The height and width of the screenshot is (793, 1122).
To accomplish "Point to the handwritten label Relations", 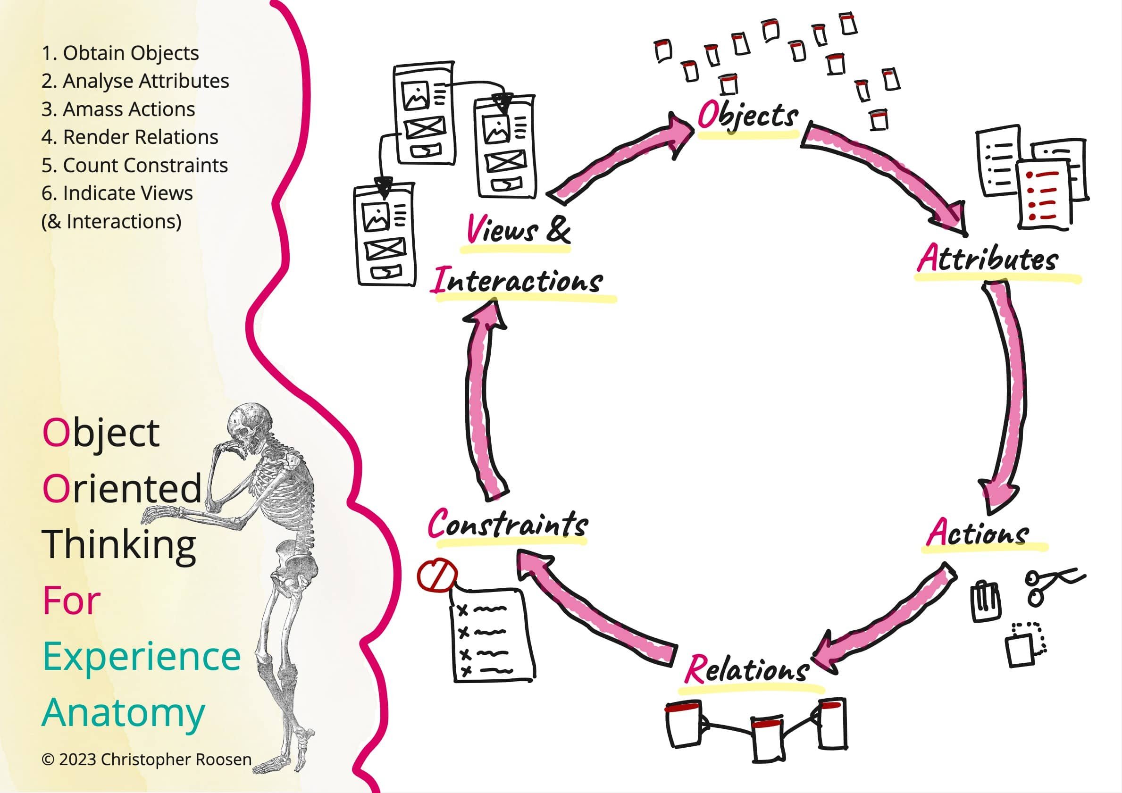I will [x=747, y=669].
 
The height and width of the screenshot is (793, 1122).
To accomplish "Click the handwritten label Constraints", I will [x=508, y=525].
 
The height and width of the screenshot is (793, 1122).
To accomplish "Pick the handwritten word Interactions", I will [x=517, y=282].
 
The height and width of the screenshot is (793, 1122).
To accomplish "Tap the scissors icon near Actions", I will [x=1051, y=586].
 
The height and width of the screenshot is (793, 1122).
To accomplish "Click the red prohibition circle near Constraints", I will [x=437, y=576].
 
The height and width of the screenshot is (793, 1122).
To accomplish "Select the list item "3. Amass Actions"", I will [x=118, y=109].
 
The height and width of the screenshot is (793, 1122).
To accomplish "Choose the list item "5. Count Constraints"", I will [x=134, y=165].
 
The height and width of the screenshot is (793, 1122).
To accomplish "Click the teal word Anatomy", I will [x=123, y=713].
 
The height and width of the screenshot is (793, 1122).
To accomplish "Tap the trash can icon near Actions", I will [x=984, y=601].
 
